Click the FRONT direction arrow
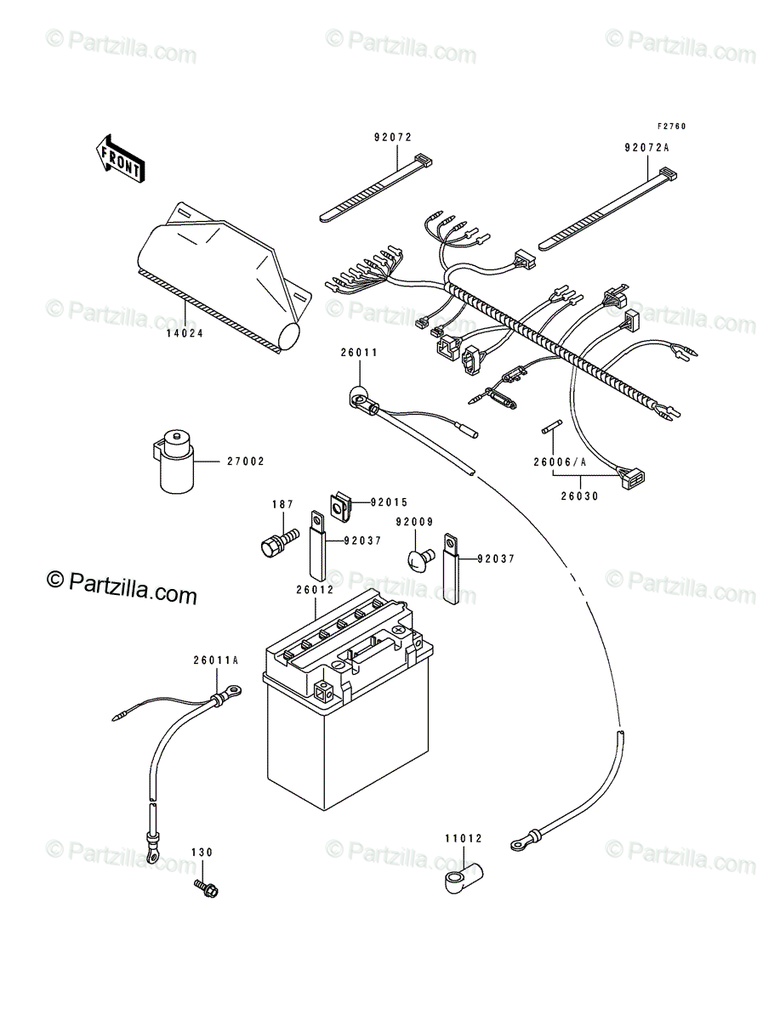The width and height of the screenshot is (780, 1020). (x=120, y=158)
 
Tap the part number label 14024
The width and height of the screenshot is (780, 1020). (x=185, y=334)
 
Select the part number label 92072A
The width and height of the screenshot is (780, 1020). (x=646, y=148)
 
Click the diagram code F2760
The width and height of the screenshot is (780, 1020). (x=672, y=127)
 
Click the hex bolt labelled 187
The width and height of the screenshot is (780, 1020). (x=279, y=543)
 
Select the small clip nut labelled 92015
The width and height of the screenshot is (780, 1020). (x=341, y=506)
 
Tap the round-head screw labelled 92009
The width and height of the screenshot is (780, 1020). (x=421, y=559)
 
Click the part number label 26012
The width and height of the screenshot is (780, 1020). (x=316, y=590)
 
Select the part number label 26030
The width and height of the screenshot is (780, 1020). (x=579, y=496)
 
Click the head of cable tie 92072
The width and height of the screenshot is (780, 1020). (x=423, y=161)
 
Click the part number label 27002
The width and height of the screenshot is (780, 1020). (x=246, y=462)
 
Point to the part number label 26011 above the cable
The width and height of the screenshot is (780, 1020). (x=359, y=353)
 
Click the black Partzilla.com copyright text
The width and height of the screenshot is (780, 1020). (x=122, y=588)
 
